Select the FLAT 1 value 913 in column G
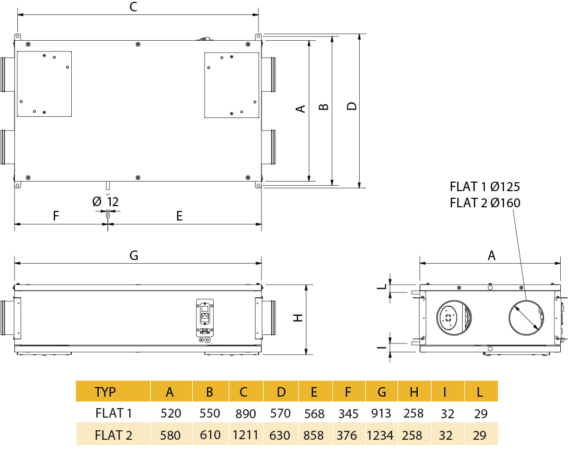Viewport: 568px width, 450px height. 381,413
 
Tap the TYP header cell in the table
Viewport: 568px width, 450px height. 106,392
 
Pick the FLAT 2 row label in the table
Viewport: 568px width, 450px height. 113,435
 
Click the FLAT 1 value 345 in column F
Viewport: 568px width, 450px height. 348,413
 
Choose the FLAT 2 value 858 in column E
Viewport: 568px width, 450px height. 314,435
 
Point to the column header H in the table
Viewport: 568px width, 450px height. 414,392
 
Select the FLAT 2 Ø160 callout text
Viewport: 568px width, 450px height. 485,203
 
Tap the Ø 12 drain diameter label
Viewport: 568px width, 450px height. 106,202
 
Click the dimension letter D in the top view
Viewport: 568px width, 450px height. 352,107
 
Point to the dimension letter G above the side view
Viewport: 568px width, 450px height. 133,255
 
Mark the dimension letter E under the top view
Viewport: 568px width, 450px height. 179,216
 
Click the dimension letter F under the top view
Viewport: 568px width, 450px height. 56,216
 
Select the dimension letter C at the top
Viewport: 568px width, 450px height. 133,7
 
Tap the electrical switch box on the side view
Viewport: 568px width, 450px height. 205,315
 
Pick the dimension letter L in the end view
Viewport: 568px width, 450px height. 379,286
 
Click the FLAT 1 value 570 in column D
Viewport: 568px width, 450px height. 281,413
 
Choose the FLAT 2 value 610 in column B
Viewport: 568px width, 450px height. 209,435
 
